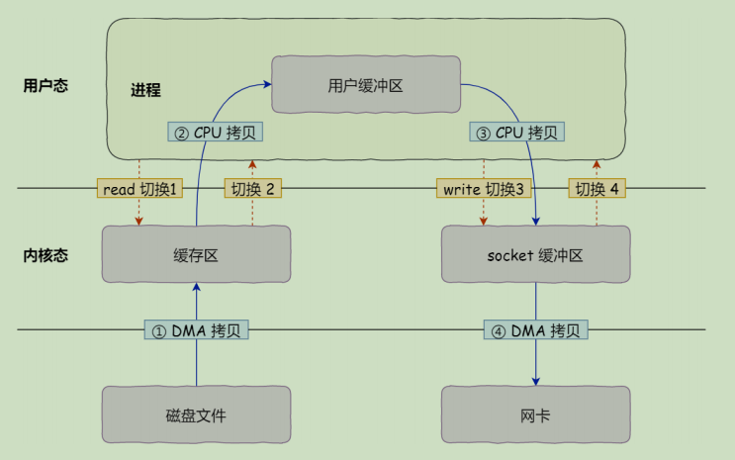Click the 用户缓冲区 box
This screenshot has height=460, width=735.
point(365,85)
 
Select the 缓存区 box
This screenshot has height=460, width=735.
point(196,254)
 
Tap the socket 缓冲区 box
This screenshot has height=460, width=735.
point(535,254)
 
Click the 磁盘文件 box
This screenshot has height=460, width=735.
point(196,414)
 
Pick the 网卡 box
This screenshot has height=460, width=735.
point(535,414)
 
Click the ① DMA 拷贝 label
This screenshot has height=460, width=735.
point(196,330)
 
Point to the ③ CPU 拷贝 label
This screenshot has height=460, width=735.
point(516,133)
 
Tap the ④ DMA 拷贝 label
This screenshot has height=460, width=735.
point(535,330)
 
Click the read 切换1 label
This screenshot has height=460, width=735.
point(139,189)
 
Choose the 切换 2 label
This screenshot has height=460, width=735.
point(254,189)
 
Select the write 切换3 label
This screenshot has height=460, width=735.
point(484,189)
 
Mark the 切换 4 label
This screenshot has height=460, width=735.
point(597,189)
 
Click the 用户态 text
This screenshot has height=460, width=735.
point(45,85)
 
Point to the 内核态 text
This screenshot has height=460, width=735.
point(45,255)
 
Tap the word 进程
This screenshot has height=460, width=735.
point(145,90)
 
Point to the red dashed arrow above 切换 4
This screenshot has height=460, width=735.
point(597,167)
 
